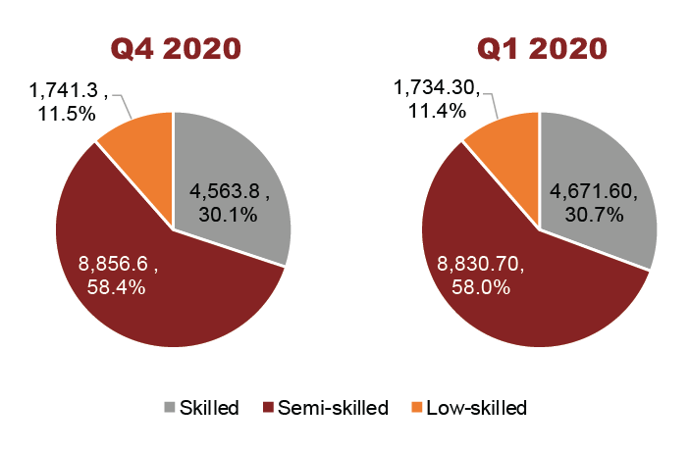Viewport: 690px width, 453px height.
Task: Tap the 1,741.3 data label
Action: pyautogui.click(x=60, y=93)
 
